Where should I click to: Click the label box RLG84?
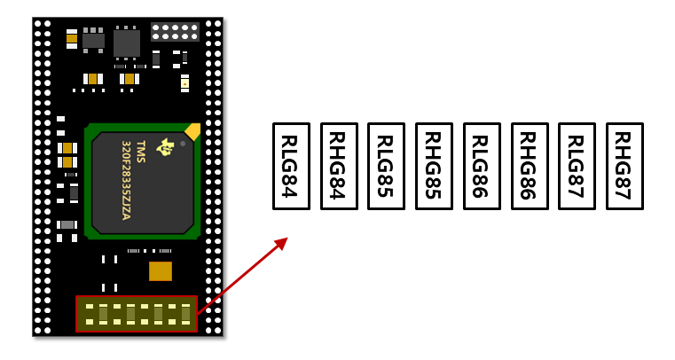(292, 167)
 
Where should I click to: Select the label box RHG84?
(339, 167)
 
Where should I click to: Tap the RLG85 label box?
(386, 167)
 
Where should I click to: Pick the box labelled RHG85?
(434, 167)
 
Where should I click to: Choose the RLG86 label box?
(482, 167)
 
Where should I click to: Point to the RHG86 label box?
(530, 167)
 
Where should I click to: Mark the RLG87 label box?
(577, 167)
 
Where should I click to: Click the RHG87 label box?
(624, 167)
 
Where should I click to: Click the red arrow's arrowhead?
(281, 243)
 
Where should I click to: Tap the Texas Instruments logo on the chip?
(164, 147)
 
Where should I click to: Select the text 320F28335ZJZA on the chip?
(126, 180)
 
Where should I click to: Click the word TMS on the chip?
(141, 152)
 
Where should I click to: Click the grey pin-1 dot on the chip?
(183, 144)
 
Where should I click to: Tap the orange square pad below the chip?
(161, 271)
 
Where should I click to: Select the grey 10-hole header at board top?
(175, 32)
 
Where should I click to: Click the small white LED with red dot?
(184, 83)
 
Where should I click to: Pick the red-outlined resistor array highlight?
(137, 314)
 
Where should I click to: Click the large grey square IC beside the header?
(127, 43)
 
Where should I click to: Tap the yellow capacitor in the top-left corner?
(72, 39)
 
